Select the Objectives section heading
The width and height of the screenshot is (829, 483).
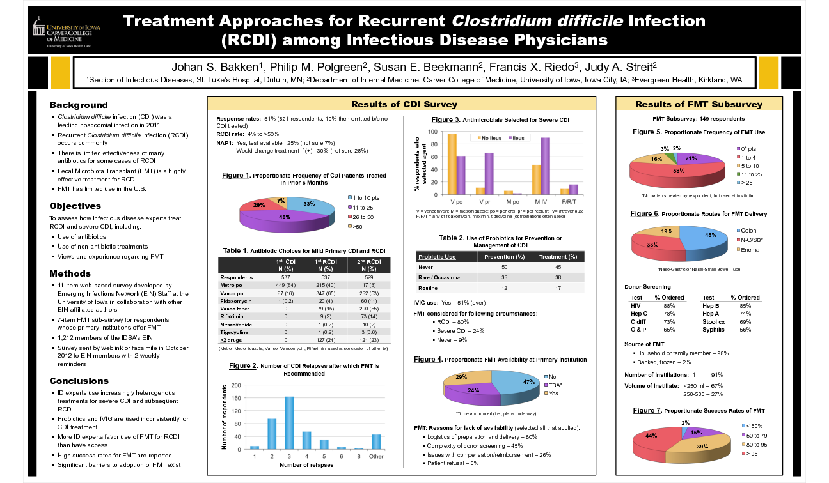click(75, 206)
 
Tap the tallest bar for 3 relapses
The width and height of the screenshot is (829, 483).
click(288, 422)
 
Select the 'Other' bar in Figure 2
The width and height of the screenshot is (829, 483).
click(376, 441)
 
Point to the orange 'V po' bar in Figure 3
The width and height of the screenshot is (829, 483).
click(452, 164)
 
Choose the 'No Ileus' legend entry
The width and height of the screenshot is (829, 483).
click(491, 137)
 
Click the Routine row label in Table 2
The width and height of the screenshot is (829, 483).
click(427, 289)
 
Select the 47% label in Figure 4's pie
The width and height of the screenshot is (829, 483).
click(528, 381)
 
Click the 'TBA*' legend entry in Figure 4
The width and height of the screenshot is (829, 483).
click(555, 385)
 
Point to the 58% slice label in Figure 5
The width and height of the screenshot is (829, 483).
click(678, 171)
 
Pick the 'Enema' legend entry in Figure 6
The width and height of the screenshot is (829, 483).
click(750, 249)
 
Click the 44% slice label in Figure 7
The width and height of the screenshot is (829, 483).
click(651, 436)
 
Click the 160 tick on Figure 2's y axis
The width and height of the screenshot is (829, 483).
click(236, 398)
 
